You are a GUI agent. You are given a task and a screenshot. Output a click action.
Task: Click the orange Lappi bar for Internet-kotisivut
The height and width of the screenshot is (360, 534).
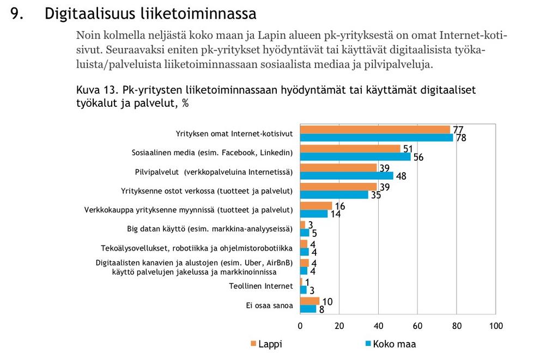(375, 130)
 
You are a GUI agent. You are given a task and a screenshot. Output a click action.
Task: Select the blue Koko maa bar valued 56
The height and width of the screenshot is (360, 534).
(355, 157)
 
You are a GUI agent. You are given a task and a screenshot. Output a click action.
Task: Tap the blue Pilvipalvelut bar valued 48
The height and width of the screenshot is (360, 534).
(347, 176)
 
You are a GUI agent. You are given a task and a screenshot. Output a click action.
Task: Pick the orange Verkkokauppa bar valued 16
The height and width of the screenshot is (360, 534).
(316, 206)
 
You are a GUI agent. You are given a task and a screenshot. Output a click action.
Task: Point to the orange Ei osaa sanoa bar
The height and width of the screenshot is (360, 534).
(310, 301)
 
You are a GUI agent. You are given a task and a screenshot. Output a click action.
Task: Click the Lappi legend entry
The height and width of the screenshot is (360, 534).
(266, 344)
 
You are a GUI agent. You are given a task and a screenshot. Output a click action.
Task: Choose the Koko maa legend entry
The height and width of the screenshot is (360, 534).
(390, 344)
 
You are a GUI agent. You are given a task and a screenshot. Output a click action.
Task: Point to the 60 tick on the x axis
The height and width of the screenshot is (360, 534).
(418, 326)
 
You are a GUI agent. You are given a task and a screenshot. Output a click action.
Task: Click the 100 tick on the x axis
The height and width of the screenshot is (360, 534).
(496, 326)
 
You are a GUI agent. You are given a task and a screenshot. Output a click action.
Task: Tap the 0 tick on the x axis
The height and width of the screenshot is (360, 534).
(300, 326)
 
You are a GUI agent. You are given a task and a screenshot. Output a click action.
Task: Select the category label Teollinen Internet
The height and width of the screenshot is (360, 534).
(261, 286)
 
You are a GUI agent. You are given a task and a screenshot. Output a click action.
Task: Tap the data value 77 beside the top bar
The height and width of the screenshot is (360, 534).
(458, 130)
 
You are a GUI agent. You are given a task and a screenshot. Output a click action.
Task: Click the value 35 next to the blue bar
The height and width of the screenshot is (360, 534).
(376, 195)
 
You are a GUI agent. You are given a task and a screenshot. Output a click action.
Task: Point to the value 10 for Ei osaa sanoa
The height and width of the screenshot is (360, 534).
(327, 301)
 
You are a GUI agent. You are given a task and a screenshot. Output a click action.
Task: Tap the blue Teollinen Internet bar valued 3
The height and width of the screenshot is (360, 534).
(303, 290)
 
